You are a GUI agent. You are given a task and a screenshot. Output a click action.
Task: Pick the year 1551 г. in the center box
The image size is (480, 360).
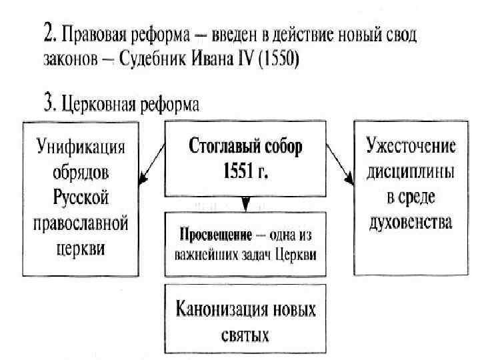point(245,171)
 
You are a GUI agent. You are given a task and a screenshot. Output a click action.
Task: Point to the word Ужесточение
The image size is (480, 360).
point(411,146)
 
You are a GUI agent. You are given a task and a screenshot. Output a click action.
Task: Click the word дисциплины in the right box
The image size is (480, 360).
point(411,171)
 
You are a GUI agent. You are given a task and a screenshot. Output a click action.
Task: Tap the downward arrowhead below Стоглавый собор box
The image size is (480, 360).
point(245,203)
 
